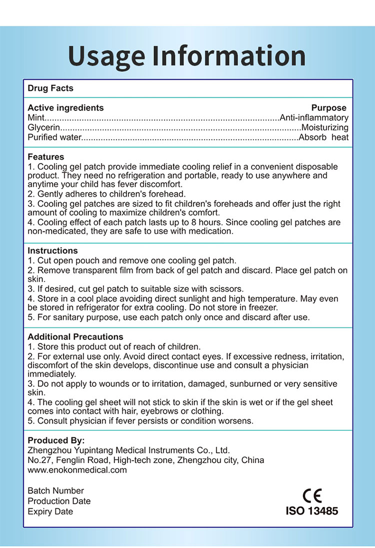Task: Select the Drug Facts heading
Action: (50, 88)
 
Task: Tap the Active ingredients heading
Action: (65, 108)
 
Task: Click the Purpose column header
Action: (328, 108)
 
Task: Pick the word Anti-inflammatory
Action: (314, 118)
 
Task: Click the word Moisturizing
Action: (324, 128)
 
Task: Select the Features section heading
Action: (46, 157)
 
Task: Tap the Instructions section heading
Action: (52, 251)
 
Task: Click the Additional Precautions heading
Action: (75, 337)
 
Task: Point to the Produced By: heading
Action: (56, 441)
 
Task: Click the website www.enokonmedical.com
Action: (77, 470)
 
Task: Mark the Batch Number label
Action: (56, 491)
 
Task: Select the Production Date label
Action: (59, 501)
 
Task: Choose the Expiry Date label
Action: (50, 512)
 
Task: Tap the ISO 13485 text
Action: (312, 511)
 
